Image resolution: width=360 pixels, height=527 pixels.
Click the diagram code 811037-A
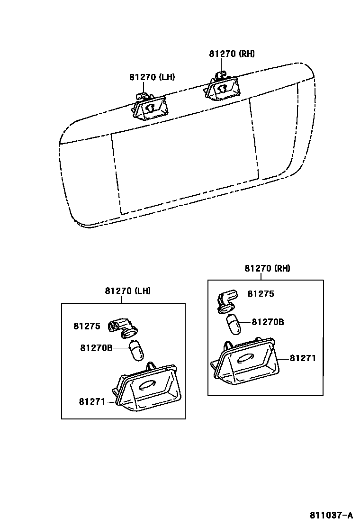[332, 515]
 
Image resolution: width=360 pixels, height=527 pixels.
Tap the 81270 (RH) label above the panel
[232, 54]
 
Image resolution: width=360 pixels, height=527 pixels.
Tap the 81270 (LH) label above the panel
[152, 77]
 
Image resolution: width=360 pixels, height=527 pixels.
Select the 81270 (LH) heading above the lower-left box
[127, 291]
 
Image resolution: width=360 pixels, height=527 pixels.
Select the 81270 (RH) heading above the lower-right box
[267, 268]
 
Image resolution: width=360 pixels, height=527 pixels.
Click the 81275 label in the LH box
[87, 326]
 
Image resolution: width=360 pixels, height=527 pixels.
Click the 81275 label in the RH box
[261, 294]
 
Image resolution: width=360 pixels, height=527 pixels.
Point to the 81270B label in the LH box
[96, 348]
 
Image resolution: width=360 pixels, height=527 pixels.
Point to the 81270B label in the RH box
[268, 322]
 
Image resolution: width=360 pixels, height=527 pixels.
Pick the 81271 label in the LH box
[92, 401]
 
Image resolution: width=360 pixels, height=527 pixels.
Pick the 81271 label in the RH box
[303, 358]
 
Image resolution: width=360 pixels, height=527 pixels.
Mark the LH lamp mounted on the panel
[150, 107]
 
